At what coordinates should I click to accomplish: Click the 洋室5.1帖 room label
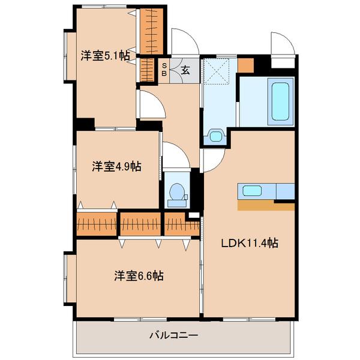(x=105, y=56)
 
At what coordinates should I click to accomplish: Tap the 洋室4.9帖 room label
(x=116, y=166)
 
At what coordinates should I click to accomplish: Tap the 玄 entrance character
(x=186, y=69)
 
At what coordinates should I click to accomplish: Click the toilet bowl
(x=178, y=191)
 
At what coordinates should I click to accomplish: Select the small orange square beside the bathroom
(x=245, y=64)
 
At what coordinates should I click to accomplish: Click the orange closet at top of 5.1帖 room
(x=152, y=31)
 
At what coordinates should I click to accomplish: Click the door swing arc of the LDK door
(x=213, y=159)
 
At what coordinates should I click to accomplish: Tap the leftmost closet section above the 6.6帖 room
(x=97, y=224)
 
